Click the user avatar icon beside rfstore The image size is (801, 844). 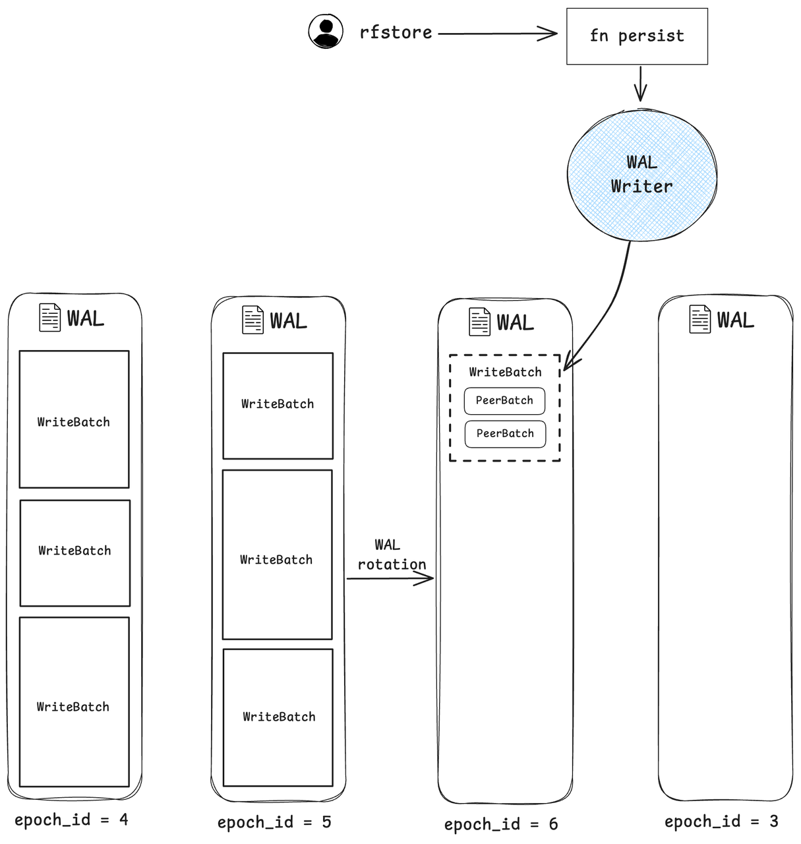click(326, 31)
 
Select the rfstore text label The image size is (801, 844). click(396, 32)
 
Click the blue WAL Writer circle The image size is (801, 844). click(641, 175)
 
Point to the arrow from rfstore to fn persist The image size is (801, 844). click(497, 34)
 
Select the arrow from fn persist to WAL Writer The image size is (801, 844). click(640, 84)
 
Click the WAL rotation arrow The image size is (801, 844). click(390, 579)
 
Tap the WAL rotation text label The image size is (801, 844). click(392, 555)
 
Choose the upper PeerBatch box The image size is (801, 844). click(504, 401)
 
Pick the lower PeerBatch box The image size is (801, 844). click(505, 434)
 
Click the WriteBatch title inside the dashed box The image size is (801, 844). click(505, 372)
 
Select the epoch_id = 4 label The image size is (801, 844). click(71, 820)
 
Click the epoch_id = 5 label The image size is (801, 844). click(274, 822)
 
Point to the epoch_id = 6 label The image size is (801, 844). click(501, 824)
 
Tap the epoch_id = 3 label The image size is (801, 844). click(721, 821)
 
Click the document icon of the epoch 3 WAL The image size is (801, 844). click(699, 319)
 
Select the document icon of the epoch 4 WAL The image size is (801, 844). click(50, 318)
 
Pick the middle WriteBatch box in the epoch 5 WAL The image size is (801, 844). click(278, 555)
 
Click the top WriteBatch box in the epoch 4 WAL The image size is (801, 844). click(74, 419)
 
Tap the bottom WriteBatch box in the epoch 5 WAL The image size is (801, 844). click(278, 717)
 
